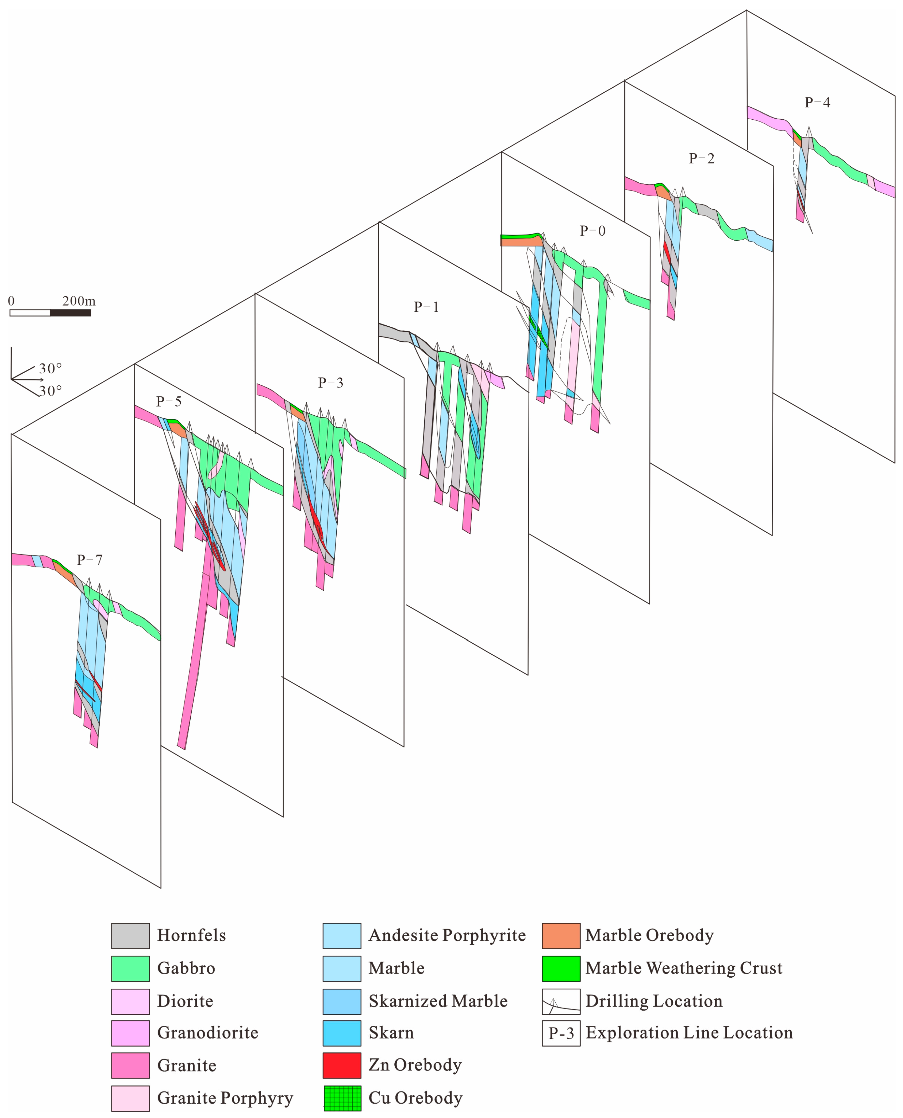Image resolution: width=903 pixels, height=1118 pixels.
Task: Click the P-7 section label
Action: point(90,560)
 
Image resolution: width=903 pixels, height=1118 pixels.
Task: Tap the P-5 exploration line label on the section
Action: point(169,401)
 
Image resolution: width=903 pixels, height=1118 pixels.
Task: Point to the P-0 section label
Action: point(592,231)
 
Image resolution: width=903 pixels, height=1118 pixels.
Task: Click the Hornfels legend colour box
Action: point(130,936)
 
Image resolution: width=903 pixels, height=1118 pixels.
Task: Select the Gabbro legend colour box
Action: point(130,968)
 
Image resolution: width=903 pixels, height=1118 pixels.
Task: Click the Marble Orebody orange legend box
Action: point(561,936)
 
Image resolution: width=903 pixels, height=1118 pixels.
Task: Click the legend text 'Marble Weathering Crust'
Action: point(683,968)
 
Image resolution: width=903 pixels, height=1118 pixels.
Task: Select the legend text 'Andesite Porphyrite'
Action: point(447,936)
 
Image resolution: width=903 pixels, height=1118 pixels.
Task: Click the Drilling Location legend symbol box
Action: point(561,1001)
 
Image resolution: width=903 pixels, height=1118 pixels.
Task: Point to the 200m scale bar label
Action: point(79,301)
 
